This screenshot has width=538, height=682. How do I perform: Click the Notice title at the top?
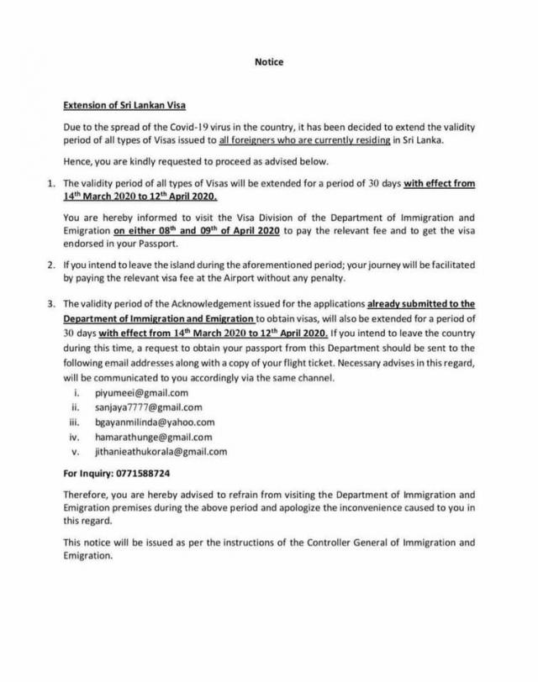click(269, 62)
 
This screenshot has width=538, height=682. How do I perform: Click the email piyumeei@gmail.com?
click(142, 392)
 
